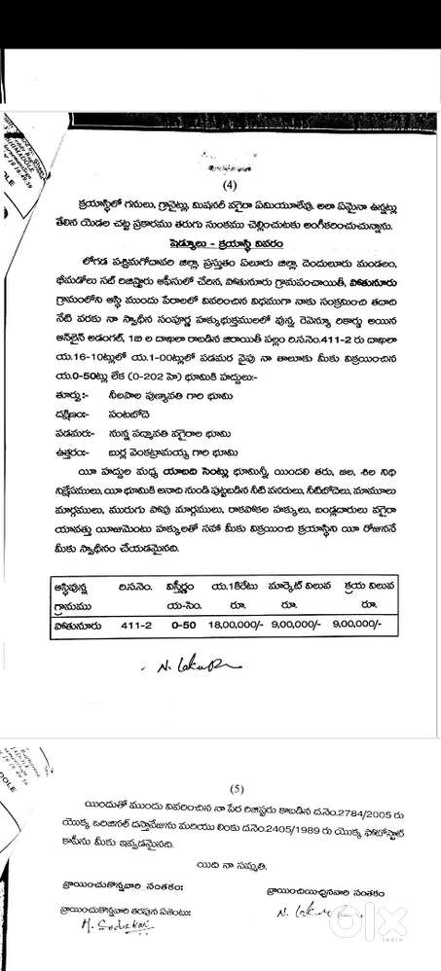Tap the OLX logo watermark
pos(400,935)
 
